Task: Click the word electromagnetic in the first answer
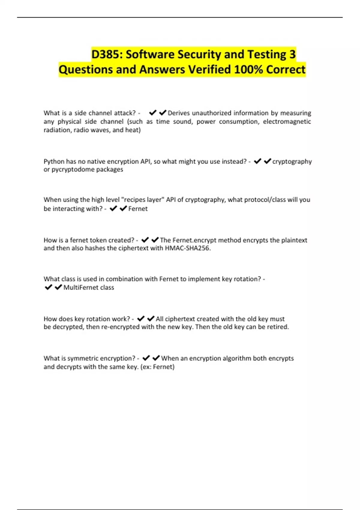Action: point(287,121)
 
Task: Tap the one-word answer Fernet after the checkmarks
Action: point(138,209)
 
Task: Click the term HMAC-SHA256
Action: point(187,248)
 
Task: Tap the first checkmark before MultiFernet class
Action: point(48,287)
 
